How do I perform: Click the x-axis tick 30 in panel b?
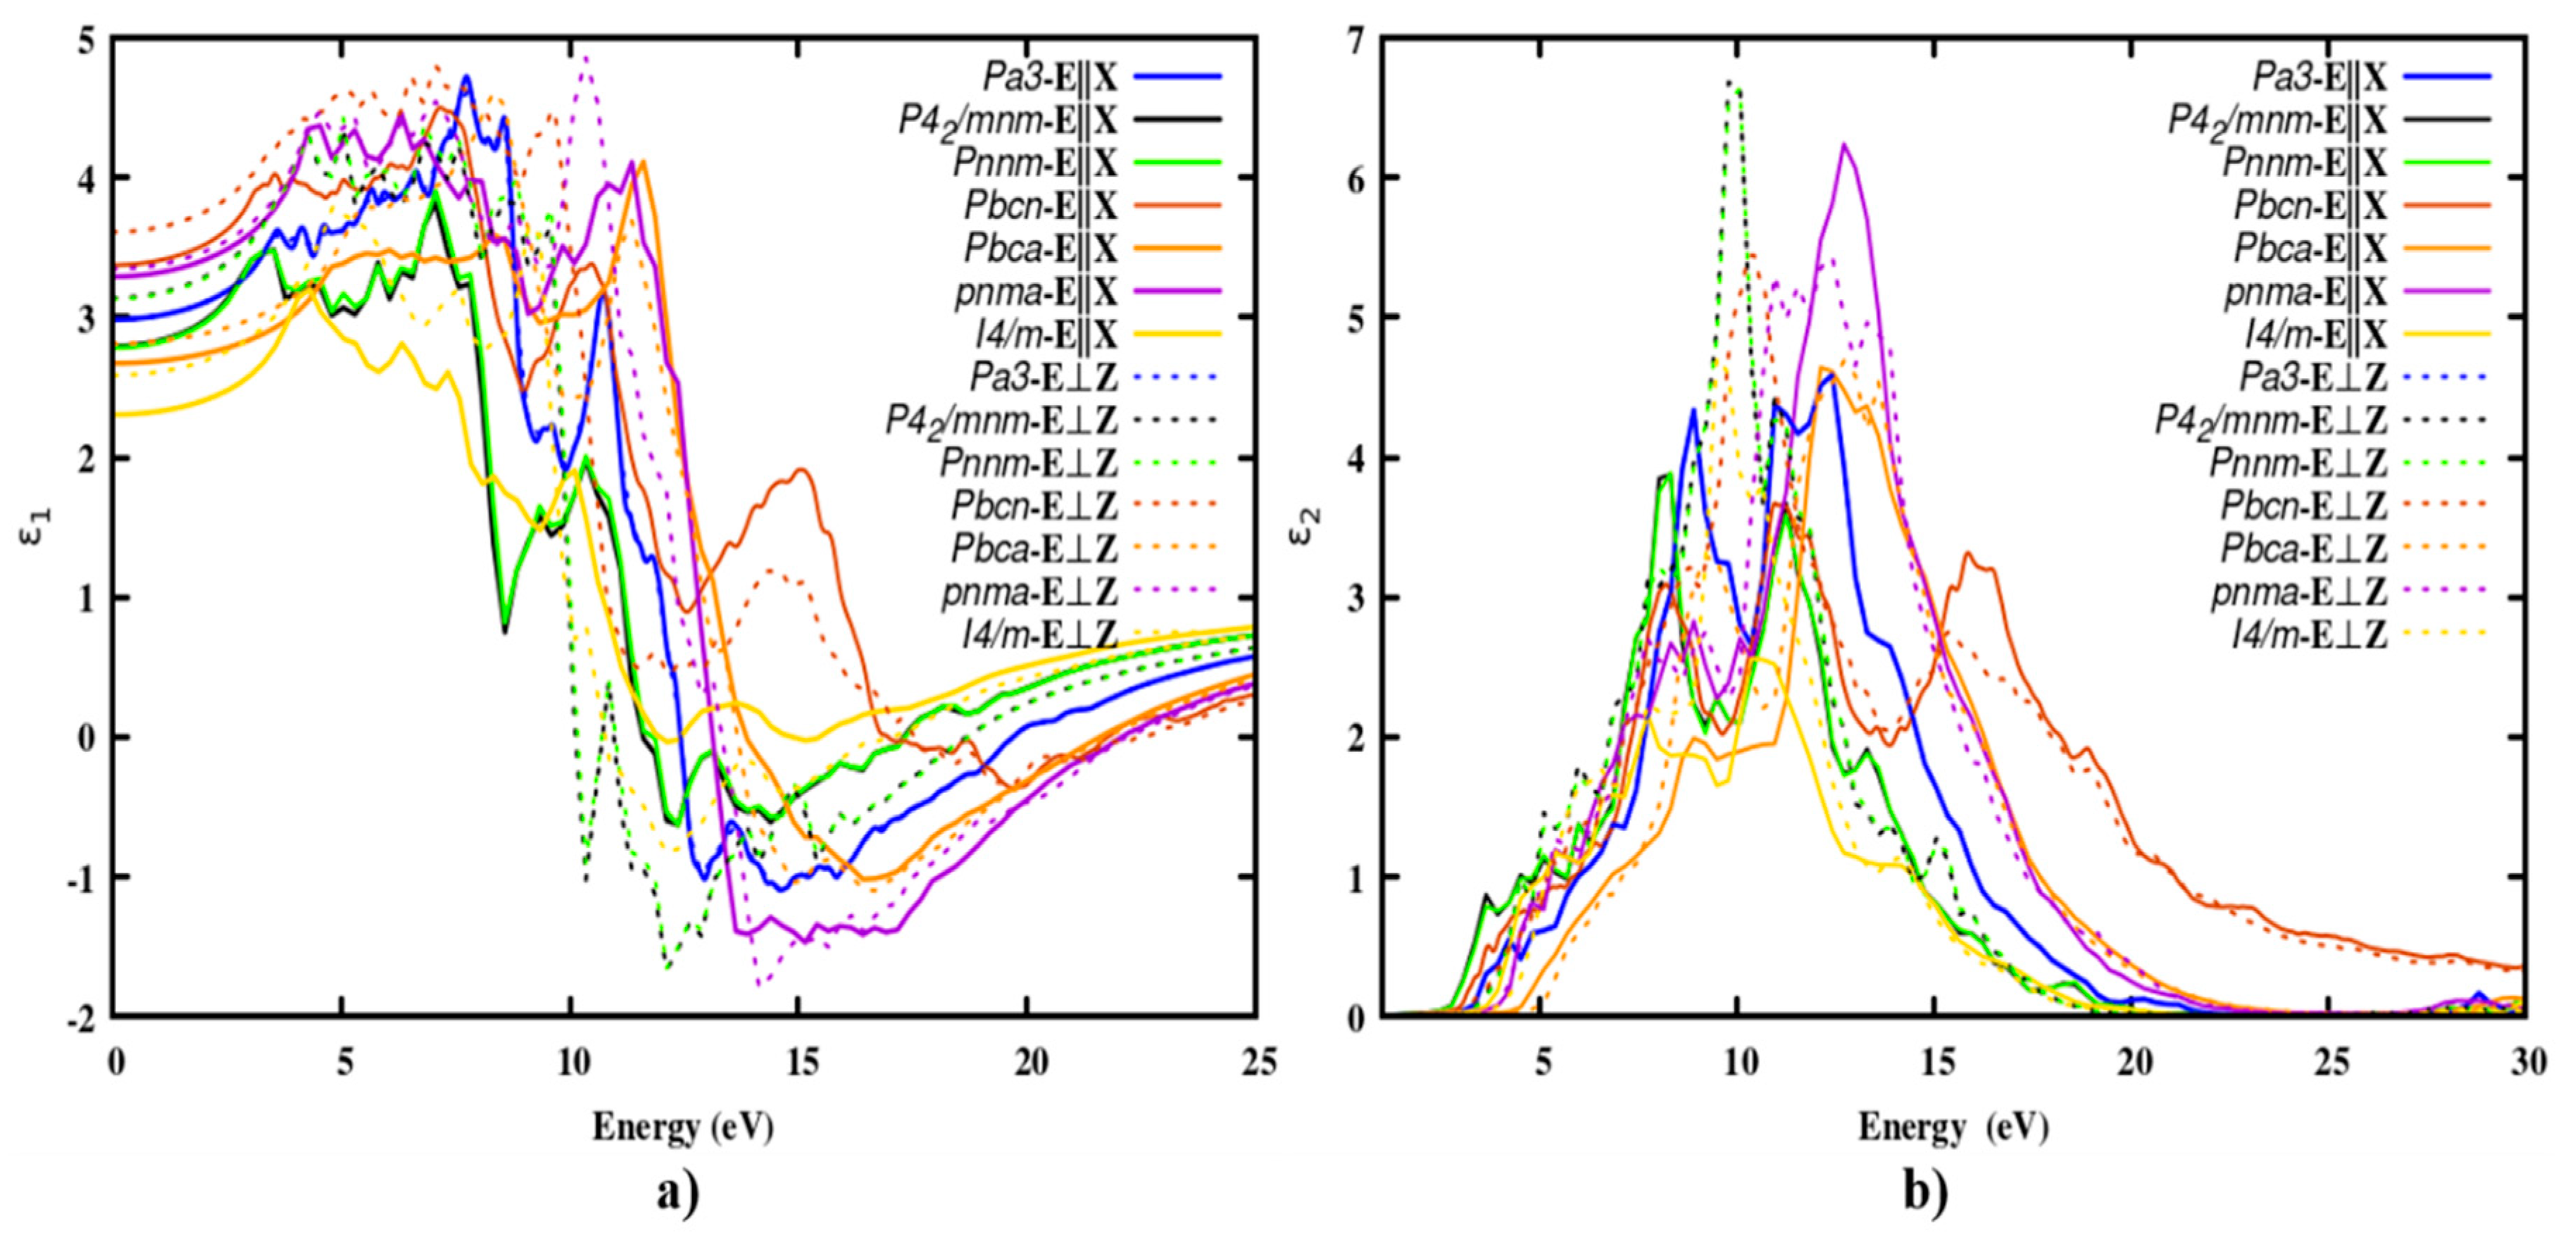click(2526, 1063)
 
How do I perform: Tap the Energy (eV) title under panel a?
click(683, 1127)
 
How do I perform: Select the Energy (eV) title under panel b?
click(1953, 1127)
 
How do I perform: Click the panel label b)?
click(1925, 1192)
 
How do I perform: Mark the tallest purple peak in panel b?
click(1845, 145)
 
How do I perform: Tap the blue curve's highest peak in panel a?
click(465, 77)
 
